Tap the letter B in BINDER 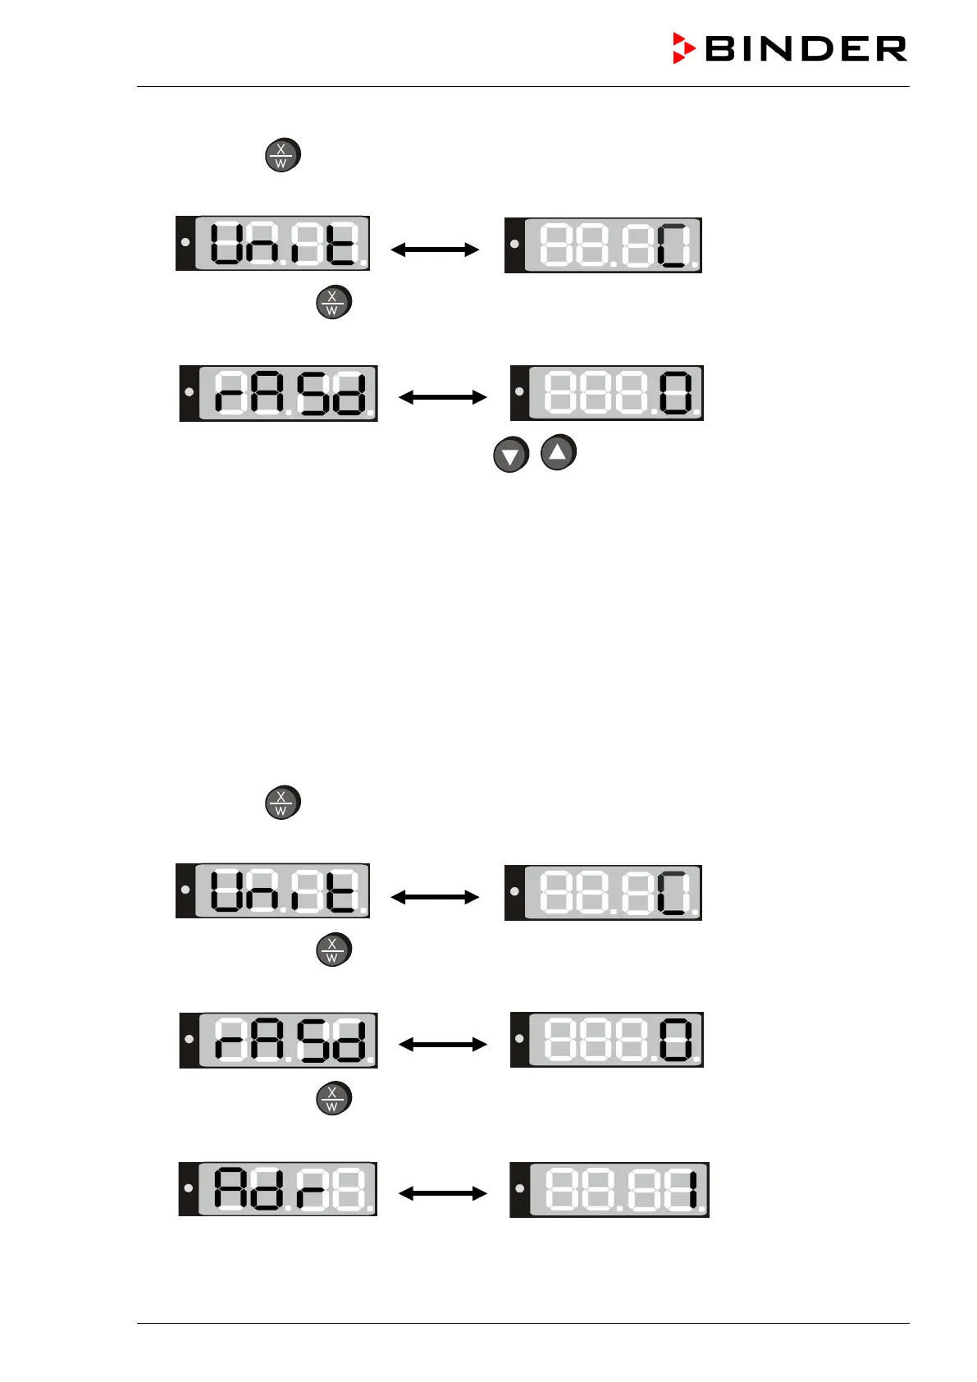[x=721, y=49]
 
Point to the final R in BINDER [x=892, y=49]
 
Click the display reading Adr [x=278, y=1188]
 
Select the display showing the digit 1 [x=609, y=1189]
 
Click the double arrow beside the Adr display [x=443, y=1192]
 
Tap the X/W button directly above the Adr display [x=334, y=1098]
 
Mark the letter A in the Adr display [x=231, y=1188]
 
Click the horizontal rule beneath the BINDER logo [x=523, y=86]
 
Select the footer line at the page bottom [x=523, y=1323]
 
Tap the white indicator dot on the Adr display [x=189, y=1188]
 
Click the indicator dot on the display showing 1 [x=519, y=1188]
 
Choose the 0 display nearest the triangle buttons [x=607, y=393]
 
